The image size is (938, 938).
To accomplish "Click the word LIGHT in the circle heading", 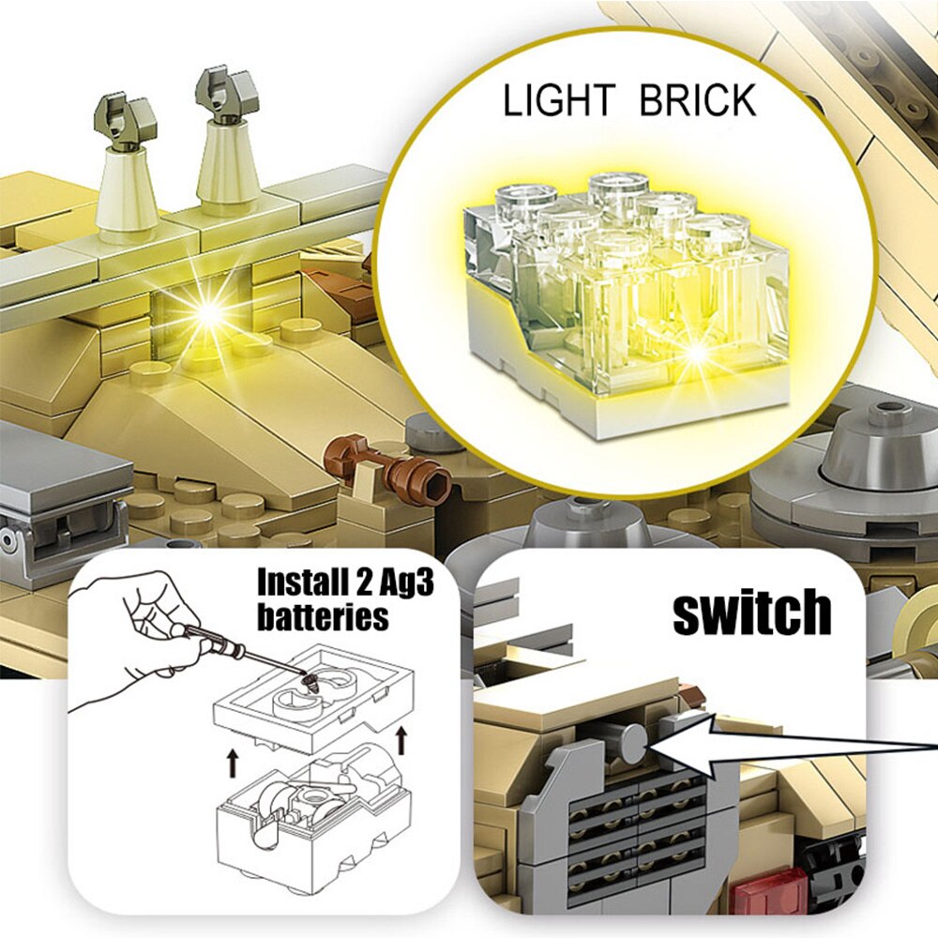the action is point(559,100).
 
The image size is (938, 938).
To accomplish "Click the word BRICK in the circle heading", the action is point(698,100).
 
